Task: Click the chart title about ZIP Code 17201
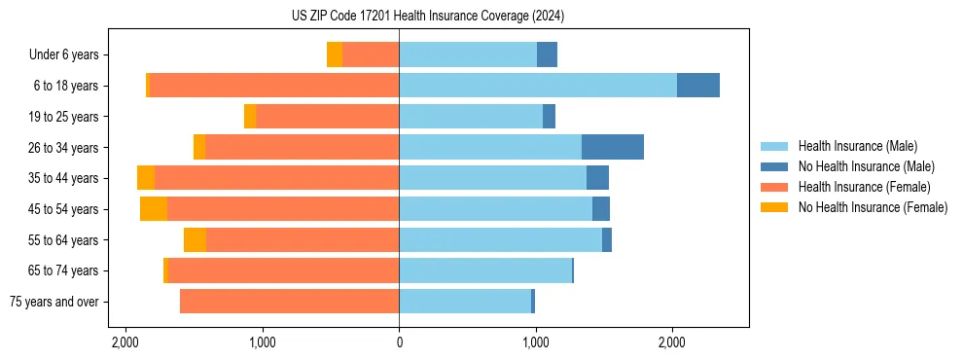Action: [427, 16]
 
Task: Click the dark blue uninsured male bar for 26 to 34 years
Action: [613, 147]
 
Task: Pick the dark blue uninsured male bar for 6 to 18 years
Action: [698, 86]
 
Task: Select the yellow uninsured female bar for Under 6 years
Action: [335, 54]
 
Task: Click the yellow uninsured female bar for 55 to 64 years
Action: [195, 239]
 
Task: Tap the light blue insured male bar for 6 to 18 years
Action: [538, 86]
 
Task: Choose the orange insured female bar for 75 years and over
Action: [289, 302]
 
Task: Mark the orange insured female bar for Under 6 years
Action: [371, 54]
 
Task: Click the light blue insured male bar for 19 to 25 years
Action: [471, 117]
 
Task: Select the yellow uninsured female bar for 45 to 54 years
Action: [154, 208]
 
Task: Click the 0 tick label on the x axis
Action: [399, 342]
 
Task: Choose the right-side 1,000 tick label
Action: [535, 342]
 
